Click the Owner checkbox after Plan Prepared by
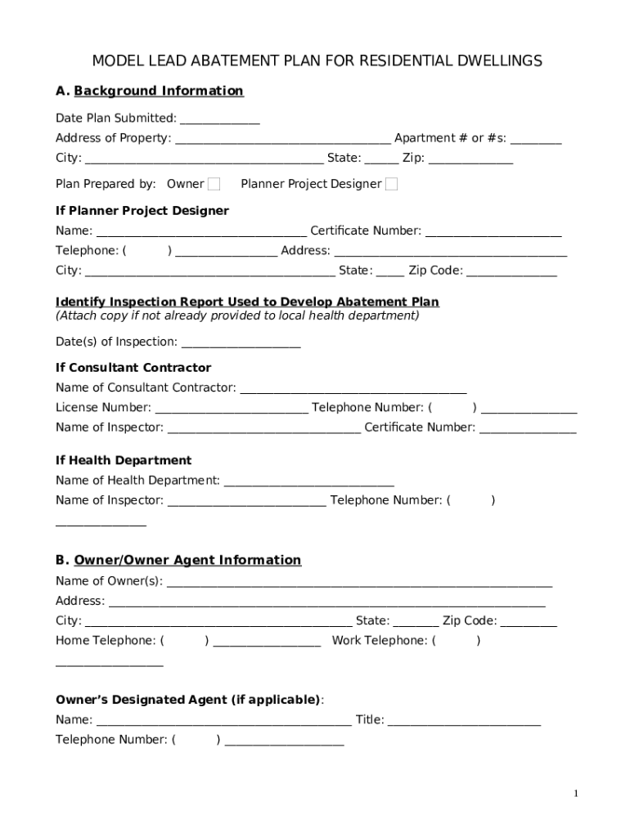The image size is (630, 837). pyautogui.click(x=214, y=184)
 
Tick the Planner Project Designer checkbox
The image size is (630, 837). pyautogui.click(x=391, y=184)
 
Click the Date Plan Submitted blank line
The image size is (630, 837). pyautogui.click(x=219, y=119)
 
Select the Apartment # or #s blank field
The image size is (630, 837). pyautogui.click(x=536, y=139)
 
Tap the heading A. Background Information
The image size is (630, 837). pyautogui.click(x=149, y=91)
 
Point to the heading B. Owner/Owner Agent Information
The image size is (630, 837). pyautogui.click(x=178, y=560)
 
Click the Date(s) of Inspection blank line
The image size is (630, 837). pyautogui.click(x=241, y=342)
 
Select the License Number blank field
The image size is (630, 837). pyautogui.click(x=232, y=408)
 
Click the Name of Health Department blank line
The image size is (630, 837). pyautogui.click(x=308, y=481)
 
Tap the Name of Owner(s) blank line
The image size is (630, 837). pyautogui.click(x=358, y=582)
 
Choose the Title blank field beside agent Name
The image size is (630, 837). pyautogui.click(x=464, y=721)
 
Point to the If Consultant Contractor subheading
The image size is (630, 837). pyautogui.click(x=133, y=368)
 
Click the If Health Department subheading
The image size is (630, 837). pyautogui.click(x=124, y=460)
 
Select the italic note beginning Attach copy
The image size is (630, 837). pyautogui.click(x=237, y=316)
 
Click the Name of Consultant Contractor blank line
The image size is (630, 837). pyautogui.click(x=353, y=388)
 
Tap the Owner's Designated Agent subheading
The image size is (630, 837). pyautogui.click(x=188, y=700)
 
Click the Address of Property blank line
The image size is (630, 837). pyautogui.click(x=283, y=139)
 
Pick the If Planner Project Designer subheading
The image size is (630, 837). pyautogui.click(x=142, y=211)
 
